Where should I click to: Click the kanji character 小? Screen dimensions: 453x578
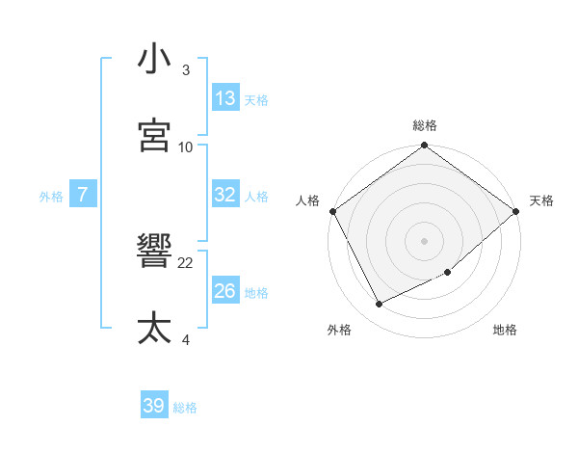pos(154,59)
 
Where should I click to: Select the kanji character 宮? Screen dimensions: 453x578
pos(154,136)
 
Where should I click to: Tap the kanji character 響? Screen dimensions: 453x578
pos(154,253)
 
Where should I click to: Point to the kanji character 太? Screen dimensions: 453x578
pos(154,329)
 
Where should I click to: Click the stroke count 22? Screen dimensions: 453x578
pos(186,262)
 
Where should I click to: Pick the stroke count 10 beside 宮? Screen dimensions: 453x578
pos(186,147)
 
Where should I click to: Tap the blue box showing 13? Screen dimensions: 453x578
pos(225,98)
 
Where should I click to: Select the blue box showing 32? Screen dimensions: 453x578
pos(225,195)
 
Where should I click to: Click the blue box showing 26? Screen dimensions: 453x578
pos(225,291)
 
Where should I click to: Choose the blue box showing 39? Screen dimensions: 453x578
pos(154,406)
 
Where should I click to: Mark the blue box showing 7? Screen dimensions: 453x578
pos(83,195)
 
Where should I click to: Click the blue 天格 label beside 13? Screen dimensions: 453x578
pos(256,99)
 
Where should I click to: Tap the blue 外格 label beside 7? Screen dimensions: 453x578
pos(51,196)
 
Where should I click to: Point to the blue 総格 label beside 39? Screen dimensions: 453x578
pos(185,408)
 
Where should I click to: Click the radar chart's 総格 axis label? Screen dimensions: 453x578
pos(425,125)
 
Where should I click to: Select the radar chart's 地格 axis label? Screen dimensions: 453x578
pos(505,330)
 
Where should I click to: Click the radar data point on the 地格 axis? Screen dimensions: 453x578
pos(448,273)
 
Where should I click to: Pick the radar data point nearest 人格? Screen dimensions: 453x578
pos(332,211)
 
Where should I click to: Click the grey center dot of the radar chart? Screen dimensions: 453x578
pos(425,241)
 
